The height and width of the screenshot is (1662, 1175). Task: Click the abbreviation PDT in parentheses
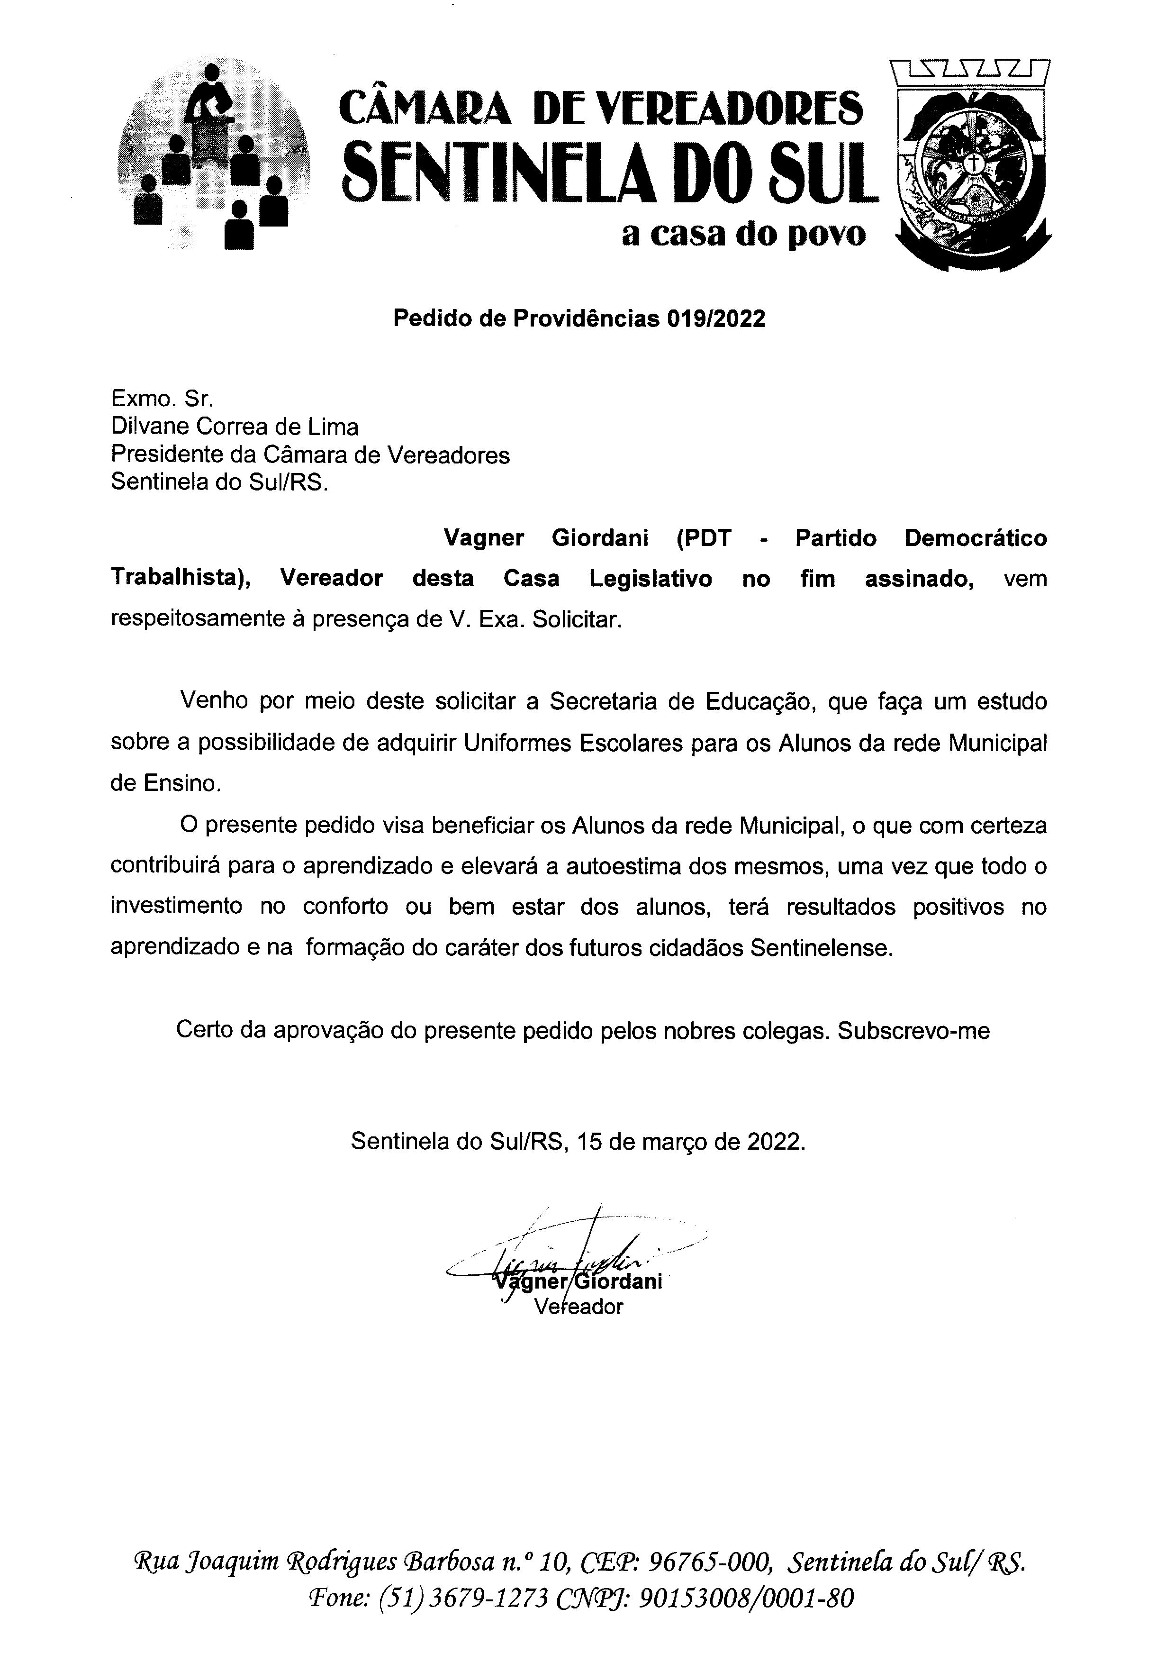pos(703,538)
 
